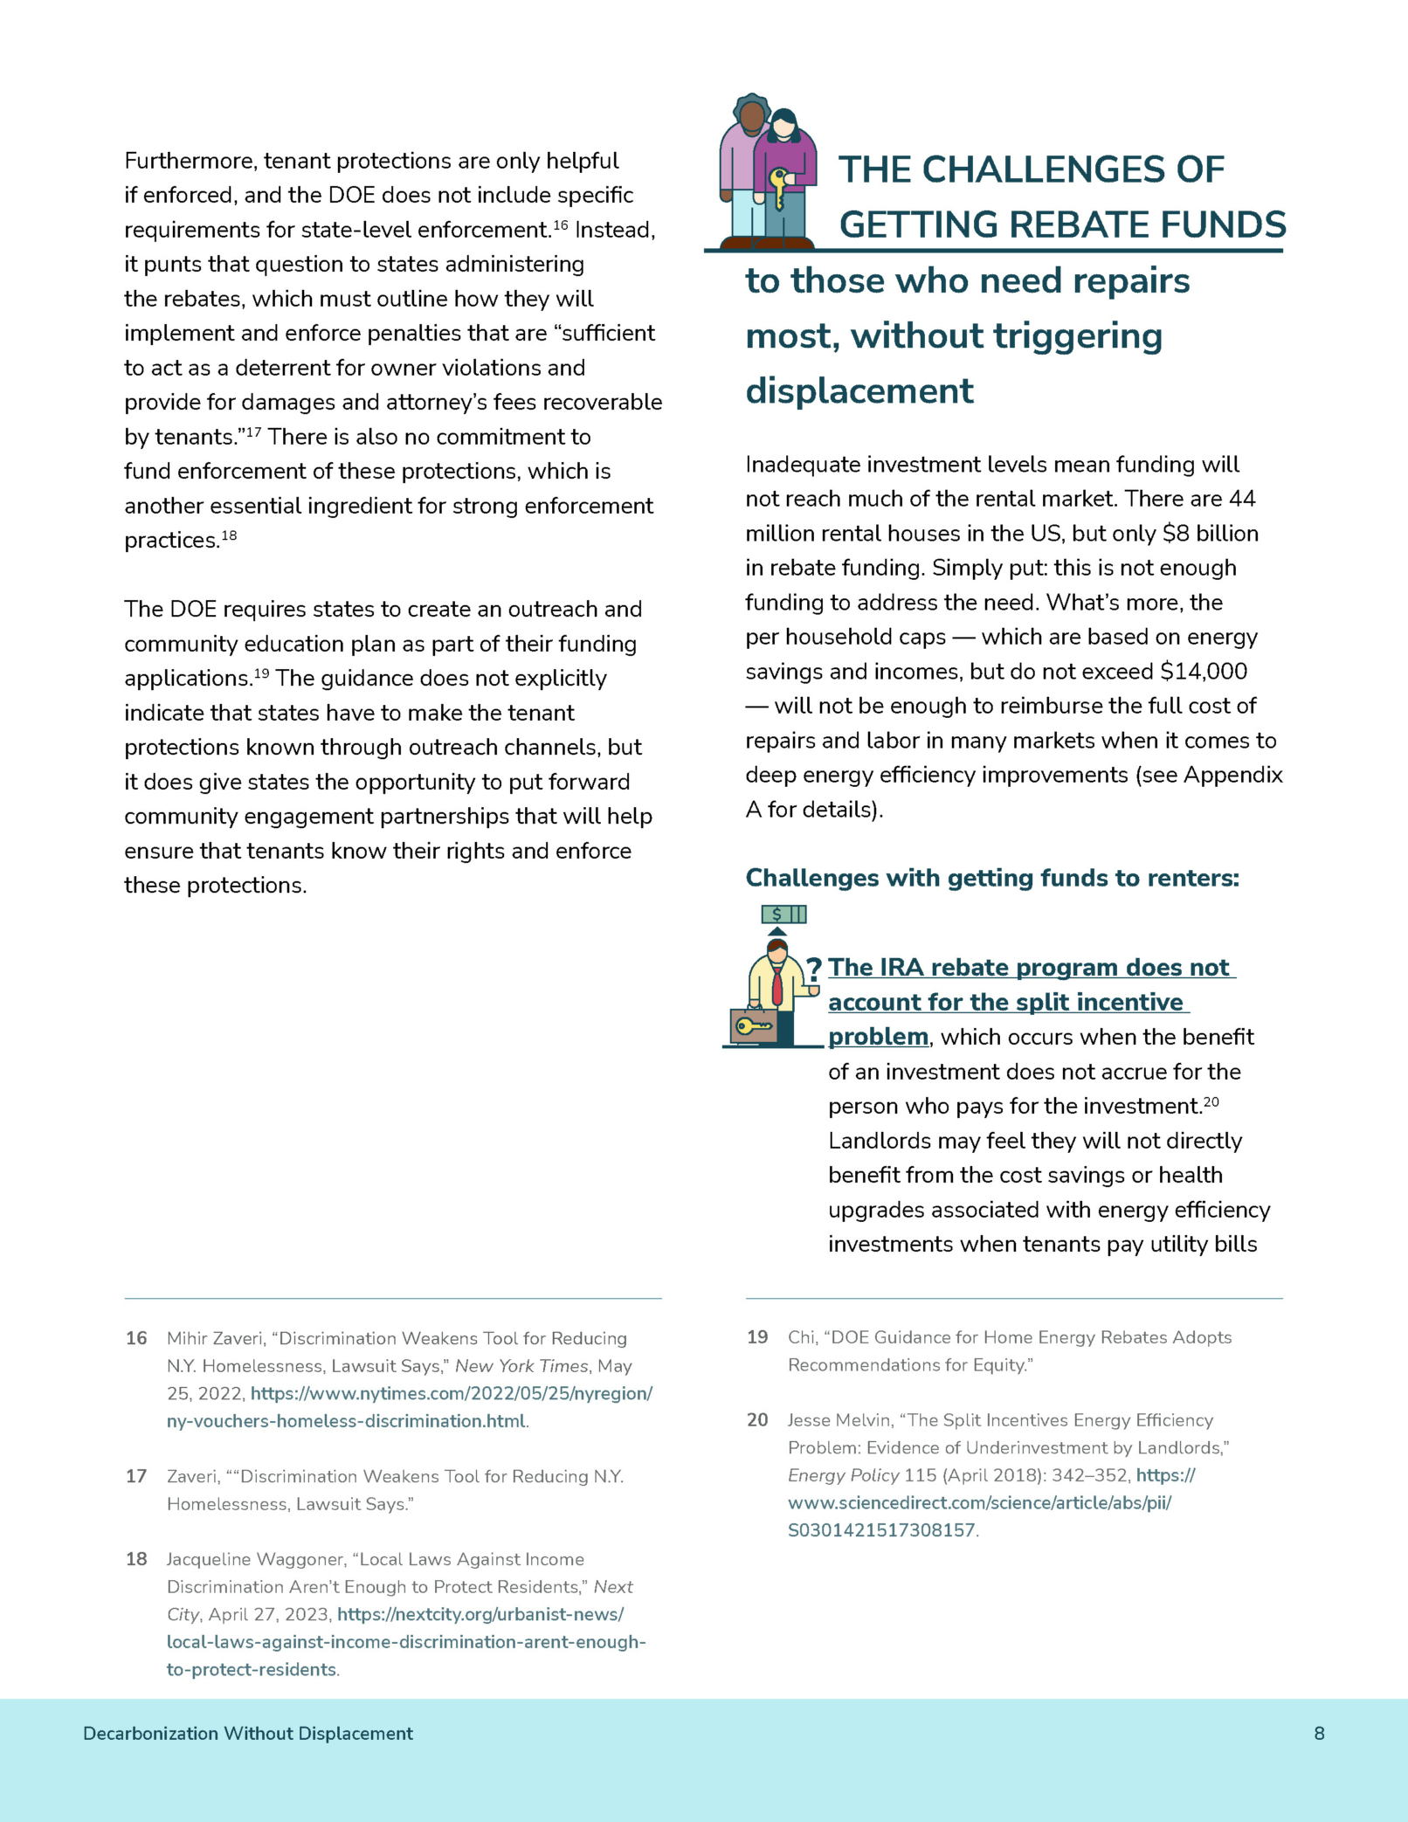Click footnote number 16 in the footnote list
[x=136, y=1338]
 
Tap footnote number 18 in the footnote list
[x=136, y=1559]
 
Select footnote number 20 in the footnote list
[x=757, y=1420]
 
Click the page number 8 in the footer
[x=1319, y=1734]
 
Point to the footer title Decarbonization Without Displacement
[x=248, y=1734]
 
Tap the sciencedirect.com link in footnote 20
[x=979, y=1503]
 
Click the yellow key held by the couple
[x=777, y=187]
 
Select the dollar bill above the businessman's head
[x=783, y=914]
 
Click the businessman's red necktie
[x=777, y=986]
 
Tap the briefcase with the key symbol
[x=754, y=1026]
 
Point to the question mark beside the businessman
[x=814, y=968]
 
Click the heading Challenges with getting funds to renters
[x=992, y=878]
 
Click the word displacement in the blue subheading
[x=859, y=391]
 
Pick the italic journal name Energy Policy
[x=843, y=1475]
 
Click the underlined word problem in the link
[x=878, y=1037]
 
